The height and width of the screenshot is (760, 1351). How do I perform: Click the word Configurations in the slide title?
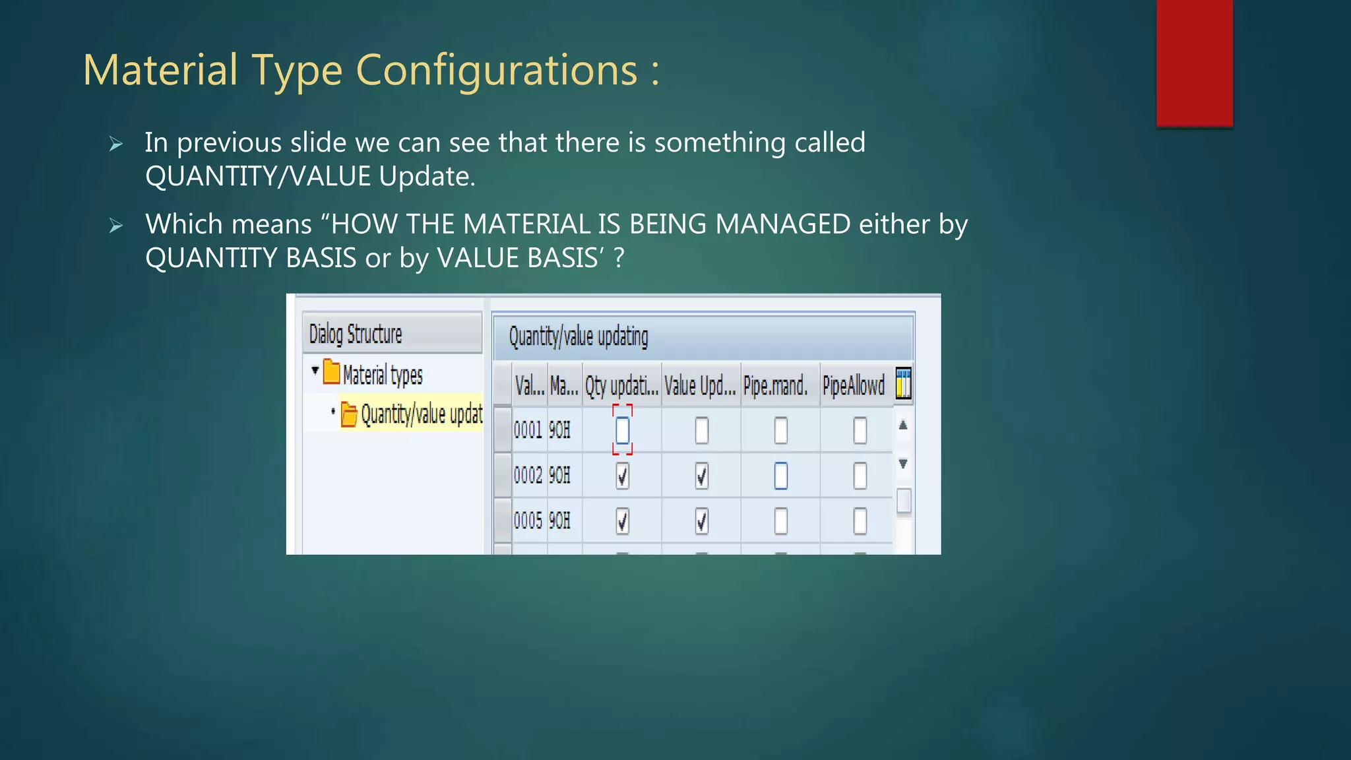497,71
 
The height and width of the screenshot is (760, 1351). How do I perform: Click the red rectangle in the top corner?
1194,63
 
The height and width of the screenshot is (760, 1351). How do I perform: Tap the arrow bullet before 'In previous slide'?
116,144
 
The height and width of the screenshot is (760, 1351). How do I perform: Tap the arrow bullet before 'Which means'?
116,226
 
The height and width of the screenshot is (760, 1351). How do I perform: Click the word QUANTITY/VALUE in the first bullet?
258,177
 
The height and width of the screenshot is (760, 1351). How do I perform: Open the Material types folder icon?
331,373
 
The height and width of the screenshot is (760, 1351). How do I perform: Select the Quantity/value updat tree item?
421,414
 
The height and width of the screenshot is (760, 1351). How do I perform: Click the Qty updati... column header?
621,385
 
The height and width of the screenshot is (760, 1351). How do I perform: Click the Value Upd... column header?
700,385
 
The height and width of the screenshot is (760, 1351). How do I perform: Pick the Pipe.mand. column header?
776,385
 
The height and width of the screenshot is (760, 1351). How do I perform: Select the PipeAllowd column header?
854,385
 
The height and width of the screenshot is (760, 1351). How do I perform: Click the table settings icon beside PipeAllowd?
903,384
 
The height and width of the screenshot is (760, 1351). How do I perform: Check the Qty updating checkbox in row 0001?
622,431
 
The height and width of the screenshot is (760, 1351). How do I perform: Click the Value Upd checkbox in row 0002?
701,476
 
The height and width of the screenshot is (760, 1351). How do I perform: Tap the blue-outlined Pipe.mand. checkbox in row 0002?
780,476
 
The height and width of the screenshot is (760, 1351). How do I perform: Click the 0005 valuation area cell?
528,521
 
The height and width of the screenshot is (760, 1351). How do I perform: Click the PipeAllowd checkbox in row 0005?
860,521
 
